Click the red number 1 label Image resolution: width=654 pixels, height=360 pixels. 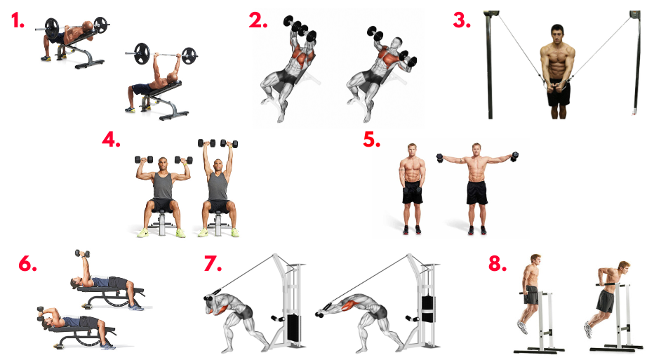(18, 21)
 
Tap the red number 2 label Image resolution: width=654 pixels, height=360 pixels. (258, 20)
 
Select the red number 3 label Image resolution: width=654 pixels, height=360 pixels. (462, 20)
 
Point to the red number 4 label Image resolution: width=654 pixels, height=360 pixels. (112, 140)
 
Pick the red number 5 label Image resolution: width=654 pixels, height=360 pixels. (372, 140)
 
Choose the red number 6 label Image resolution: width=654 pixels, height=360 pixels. (28, 264)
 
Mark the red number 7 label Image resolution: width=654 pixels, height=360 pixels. (213, 264)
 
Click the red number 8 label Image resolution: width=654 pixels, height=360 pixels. (498, 264)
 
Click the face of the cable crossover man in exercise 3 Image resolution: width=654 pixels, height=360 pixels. (557, 35)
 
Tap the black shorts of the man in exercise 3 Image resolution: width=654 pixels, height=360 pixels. (559, 93)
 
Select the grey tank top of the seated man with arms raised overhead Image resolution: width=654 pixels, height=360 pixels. (218, 186)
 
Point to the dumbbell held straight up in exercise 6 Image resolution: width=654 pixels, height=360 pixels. (82, 253)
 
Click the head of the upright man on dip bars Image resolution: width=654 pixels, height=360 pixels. (536, 261)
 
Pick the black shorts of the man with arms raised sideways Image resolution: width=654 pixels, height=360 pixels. (476, 192)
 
